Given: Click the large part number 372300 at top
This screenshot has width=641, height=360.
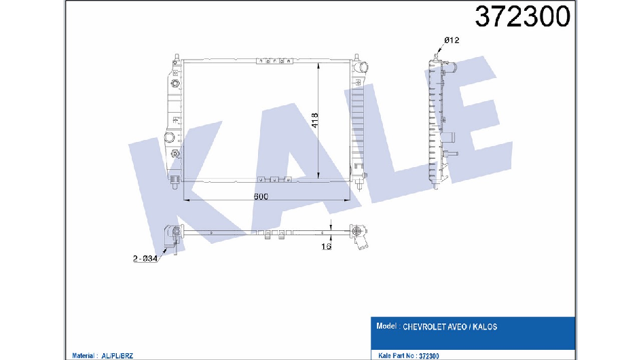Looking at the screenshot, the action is tap(522, 17).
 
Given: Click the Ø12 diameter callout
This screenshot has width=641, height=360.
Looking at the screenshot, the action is tap(452, 40).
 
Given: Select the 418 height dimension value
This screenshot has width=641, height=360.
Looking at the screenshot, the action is tap(314, 121).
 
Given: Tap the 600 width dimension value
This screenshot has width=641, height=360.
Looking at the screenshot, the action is tap(261, 196).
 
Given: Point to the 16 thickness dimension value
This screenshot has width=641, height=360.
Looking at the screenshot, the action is tap(326, 247).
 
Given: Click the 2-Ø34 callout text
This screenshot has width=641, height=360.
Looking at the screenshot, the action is tap(145, 259).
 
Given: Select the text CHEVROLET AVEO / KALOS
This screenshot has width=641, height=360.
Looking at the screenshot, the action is tap(450, 327).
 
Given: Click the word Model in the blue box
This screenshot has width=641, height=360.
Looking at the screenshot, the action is tap(386, 326).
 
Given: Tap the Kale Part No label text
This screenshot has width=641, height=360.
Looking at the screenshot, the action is tap(398, 356).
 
